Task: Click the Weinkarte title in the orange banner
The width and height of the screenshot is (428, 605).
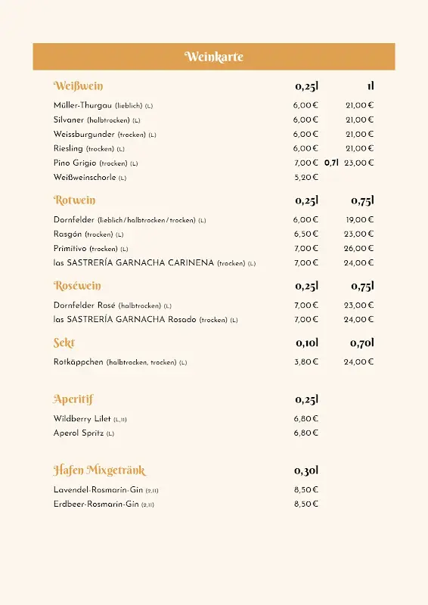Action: click(214, 57)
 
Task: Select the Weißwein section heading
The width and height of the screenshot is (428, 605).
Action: click(79, 86)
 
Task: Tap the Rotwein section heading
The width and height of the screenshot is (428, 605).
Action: click(75, 200)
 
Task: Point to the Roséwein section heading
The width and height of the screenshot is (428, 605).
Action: click(77, 286)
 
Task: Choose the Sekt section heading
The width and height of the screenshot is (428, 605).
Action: click(64, 343)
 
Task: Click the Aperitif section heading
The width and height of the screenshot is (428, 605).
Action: click(73, 399)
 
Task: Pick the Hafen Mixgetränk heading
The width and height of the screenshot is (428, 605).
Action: click(99, 470)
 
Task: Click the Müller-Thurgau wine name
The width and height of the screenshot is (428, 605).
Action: click(83, 106)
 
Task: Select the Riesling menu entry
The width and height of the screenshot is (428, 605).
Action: click(69, 149)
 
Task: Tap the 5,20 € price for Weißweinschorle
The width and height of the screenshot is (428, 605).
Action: click(305, 178)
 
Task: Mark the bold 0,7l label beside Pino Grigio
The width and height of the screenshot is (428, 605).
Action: click(331, 163)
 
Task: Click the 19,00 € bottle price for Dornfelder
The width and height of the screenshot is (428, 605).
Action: click(359, 220)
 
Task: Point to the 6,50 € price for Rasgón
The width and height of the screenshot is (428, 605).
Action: click(305, 234)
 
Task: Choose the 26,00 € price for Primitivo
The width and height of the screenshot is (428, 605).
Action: click(359, 249)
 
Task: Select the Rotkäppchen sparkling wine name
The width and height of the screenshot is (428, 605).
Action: click(79, 362)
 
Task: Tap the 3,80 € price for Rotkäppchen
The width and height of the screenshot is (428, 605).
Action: click(305, 362)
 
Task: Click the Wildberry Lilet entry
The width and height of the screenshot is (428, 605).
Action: click(82, 419)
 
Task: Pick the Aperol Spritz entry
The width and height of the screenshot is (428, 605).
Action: click(79, 433)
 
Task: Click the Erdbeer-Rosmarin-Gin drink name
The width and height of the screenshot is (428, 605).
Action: click(96, 504)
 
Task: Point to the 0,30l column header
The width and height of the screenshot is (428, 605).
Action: click(306, 470)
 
